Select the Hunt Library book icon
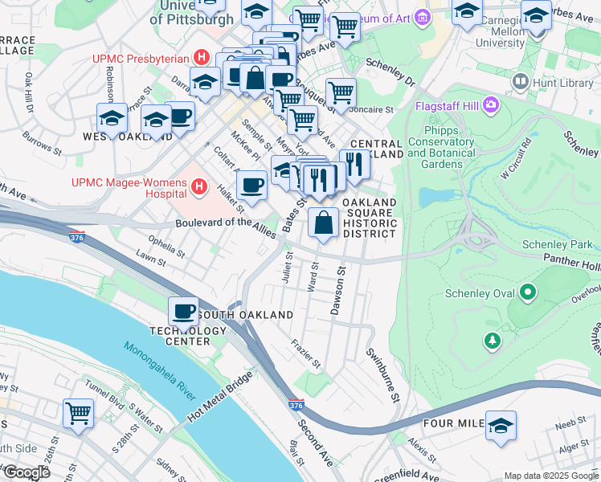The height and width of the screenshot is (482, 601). tap(521, 81)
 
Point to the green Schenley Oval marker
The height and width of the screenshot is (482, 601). tap(528, 293)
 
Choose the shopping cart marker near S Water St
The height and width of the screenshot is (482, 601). tap(79, 415)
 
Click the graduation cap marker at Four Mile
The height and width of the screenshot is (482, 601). tap(501, 427)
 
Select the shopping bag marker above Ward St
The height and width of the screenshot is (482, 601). tap(323, 224)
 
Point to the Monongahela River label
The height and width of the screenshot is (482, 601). tap(159, 370)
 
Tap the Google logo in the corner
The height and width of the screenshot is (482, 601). tap(26, 472)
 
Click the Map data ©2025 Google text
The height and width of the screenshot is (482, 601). tap(551, 476)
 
